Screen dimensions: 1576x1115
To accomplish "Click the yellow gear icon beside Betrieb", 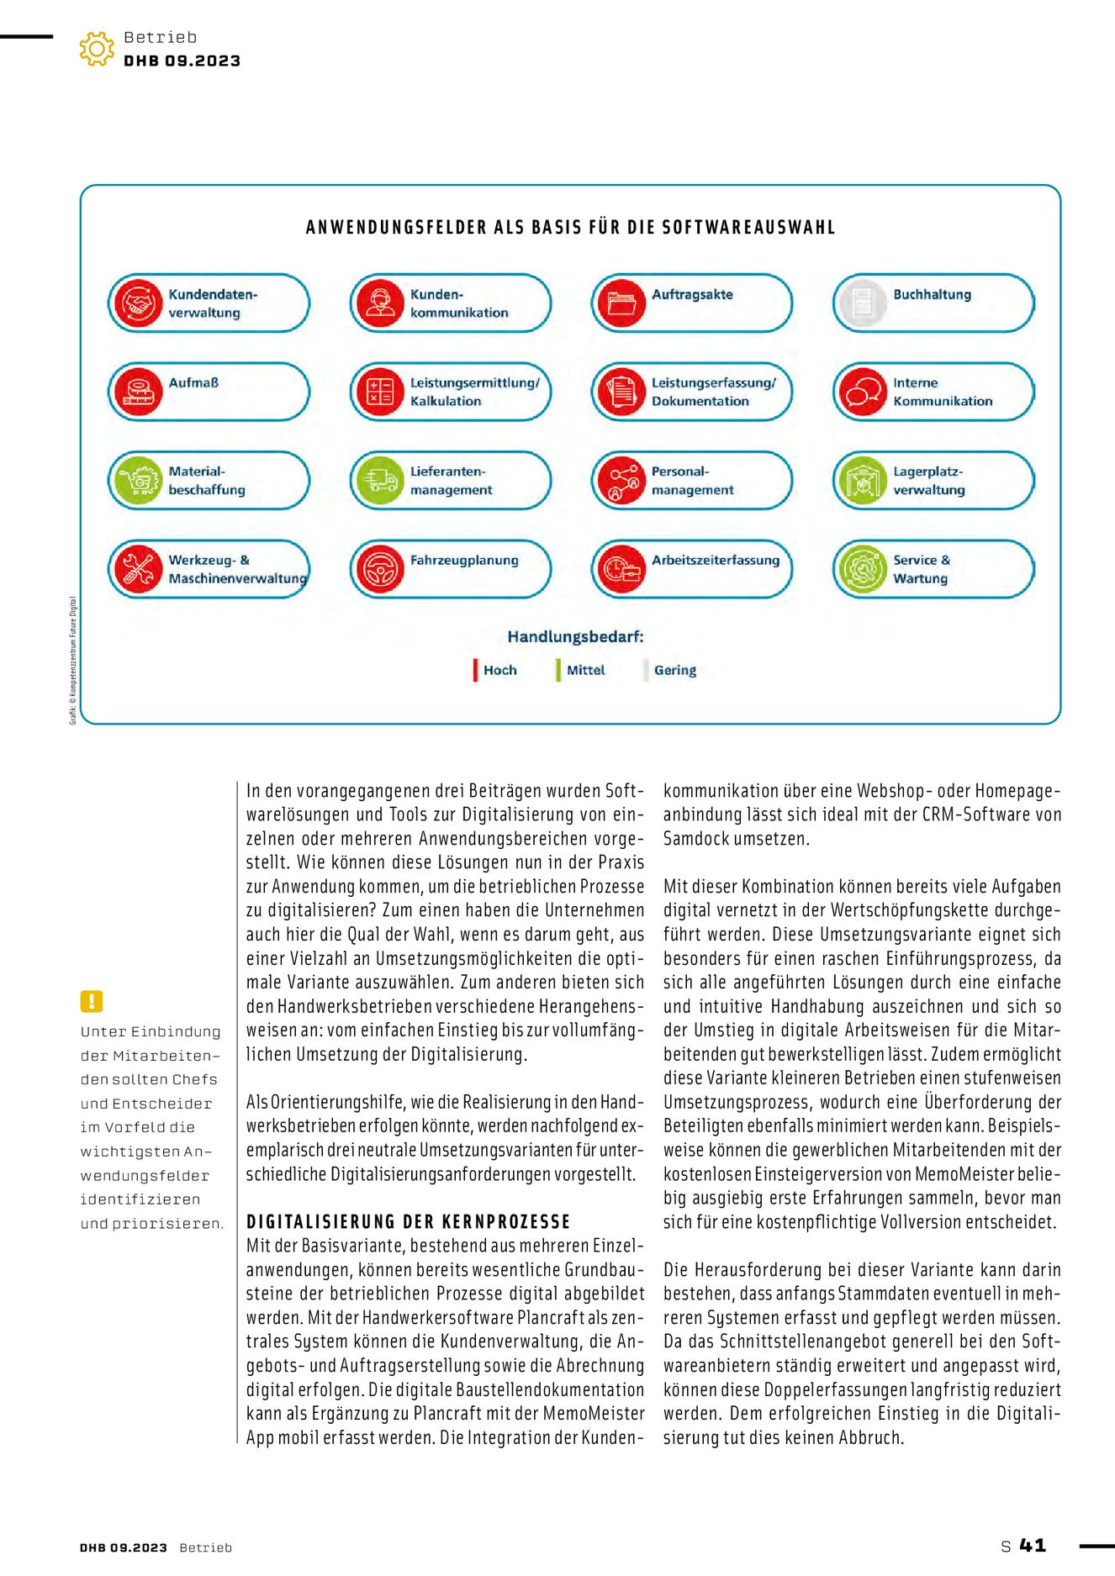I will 97,49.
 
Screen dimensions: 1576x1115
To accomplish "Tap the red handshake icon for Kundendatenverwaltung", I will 138,303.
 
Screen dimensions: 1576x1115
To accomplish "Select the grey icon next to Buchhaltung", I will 863,303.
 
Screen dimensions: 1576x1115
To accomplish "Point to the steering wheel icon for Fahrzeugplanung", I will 380,569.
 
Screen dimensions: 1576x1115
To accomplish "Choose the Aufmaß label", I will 193,382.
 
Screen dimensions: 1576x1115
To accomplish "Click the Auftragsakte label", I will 692,294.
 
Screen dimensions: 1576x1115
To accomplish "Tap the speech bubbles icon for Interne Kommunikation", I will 863,392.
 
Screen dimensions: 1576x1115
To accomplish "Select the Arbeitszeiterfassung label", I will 716,560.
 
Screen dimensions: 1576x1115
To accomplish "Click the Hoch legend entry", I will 499,670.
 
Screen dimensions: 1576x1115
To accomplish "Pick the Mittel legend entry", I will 585,670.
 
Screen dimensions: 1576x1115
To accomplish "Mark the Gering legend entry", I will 674,670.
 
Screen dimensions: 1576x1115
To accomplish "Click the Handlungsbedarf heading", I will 575,636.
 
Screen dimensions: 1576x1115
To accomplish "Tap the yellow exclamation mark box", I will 92,1001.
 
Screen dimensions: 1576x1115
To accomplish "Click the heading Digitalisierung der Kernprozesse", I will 408,1221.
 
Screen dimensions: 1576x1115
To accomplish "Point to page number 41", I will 1033,1545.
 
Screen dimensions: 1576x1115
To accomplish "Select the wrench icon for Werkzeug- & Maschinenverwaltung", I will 138,569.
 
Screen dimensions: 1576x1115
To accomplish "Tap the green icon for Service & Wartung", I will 863,569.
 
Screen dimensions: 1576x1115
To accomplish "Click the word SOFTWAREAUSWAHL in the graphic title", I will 748,227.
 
